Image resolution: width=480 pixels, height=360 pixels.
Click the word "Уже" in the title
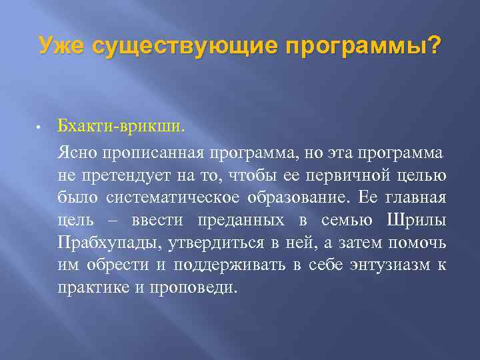pyautogui.click(x=62, y=46)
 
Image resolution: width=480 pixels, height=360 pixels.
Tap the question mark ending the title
pyautogui.click(x=434, y=46)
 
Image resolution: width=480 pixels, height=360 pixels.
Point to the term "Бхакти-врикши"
pyautogui.click(x=119, y=125)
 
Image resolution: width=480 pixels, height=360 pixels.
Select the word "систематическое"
pyautogui.click(x=161, y=198)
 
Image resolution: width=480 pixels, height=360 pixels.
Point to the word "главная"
pyautogui.click(x=416, y=198)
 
